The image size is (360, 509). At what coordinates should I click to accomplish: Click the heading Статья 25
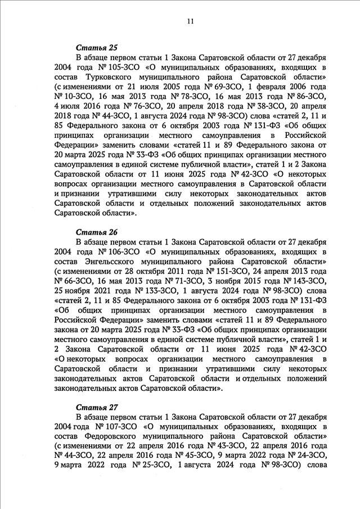point(93,48)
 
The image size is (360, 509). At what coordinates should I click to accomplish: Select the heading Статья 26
point(93,232)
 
